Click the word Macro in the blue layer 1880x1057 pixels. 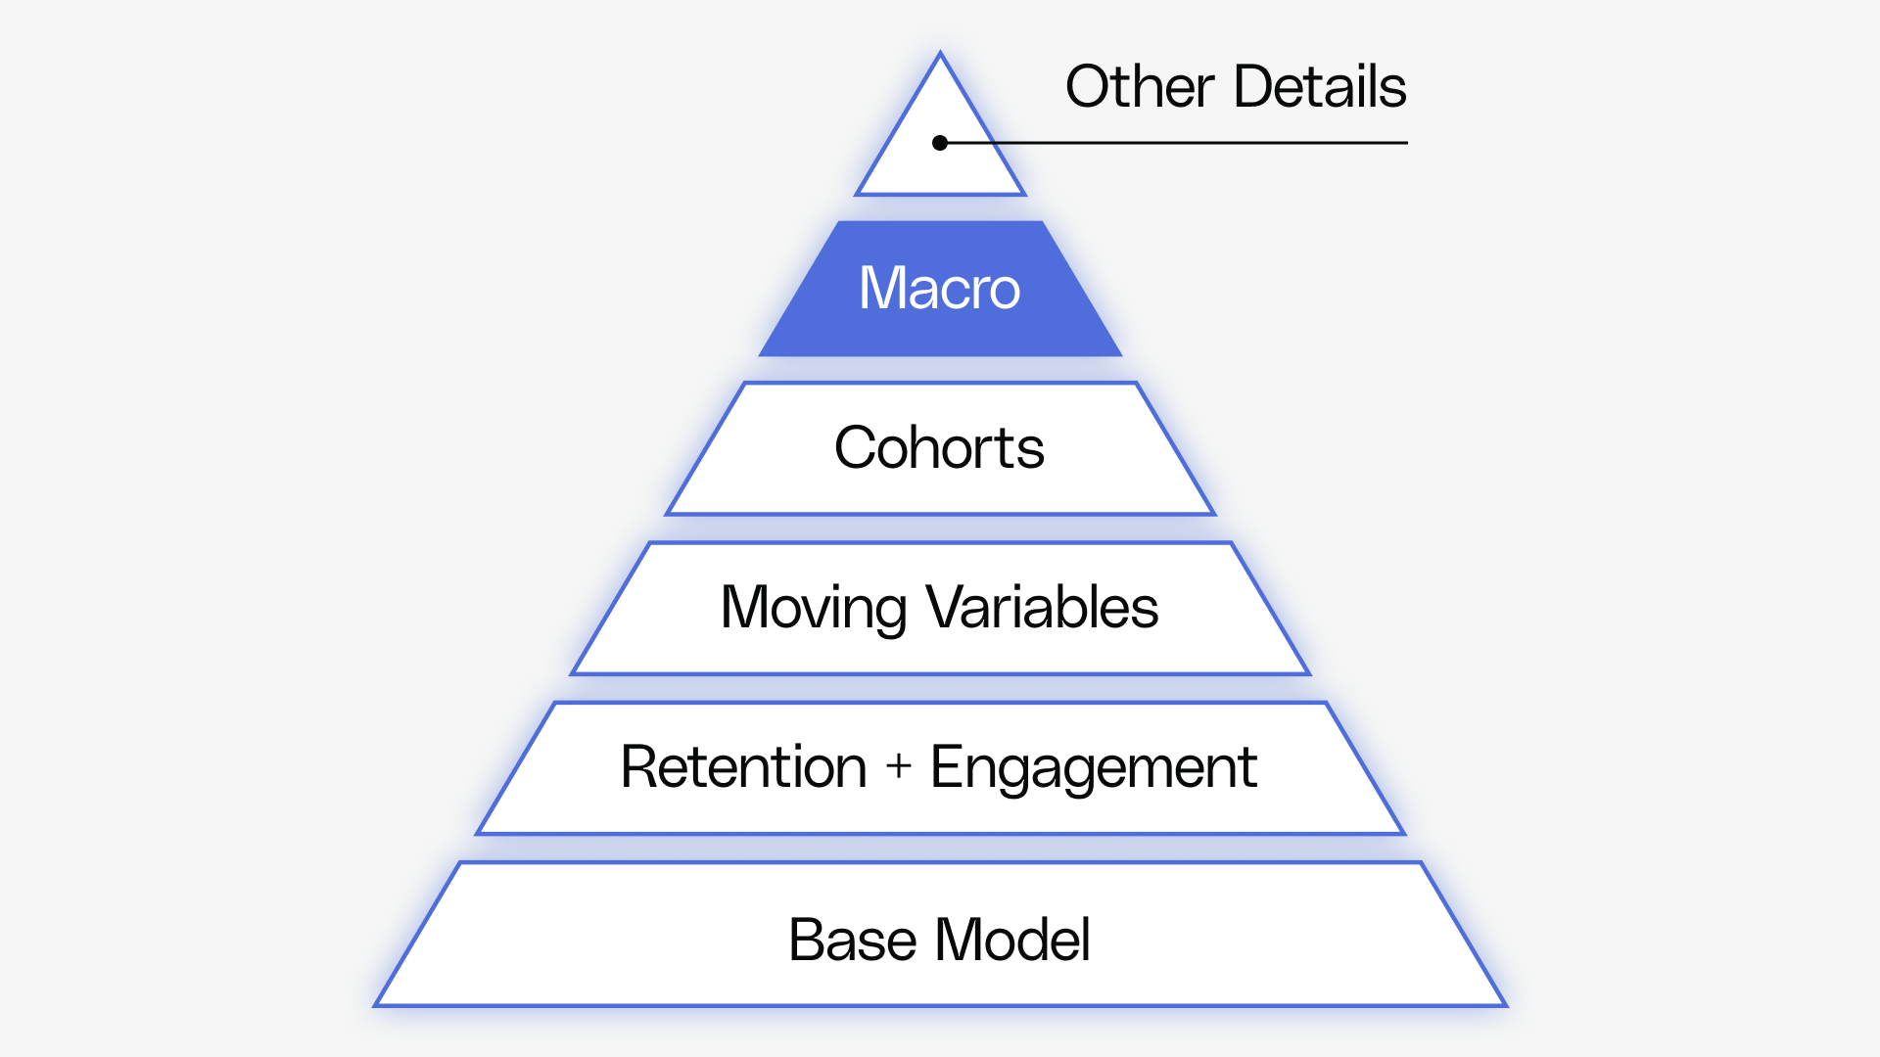tap(939, 289)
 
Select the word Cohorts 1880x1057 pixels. tap(939, 448)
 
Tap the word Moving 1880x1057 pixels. tap(813, 608)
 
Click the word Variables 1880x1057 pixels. tap(1042, 608)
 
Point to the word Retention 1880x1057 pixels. tap(744, 767)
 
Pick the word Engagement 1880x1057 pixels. tap(1093, 767)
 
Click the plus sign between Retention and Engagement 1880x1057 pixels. tap(898, 766)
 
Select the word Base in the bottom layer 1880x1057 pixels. tap(852, 941)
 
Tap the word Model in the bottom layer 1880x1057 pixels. tap(1012, 941)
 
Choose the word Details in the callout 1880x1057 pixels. tap(1320, 87)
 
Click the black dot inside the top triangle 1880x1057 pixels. tap(940, 143)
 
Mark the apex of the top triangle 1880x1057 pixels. tap(940, 54)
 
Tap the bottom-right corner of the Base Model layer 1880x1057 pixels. tap(1504, 1004)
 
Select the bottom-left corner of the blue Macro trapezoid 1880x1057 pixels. tap(761, 354)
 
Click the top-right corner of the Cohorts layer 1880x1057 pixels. tap(1136, 384)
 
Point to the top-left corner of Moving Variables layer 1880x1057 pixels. tap(650, 543)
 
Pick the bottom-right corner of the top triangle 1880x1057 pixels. tap(1023, 194)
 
